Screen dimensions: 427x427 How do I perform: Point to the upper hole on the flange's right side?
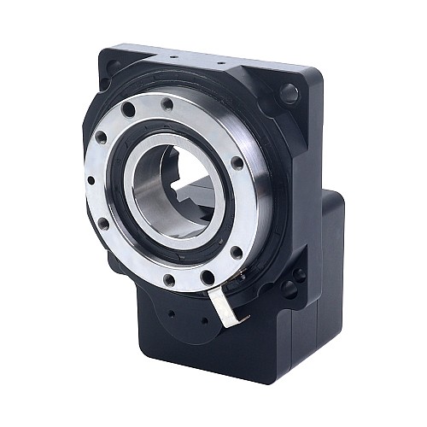point(237,163)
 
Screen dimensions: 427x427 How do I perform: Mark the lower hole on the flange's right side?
point(237,250)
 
